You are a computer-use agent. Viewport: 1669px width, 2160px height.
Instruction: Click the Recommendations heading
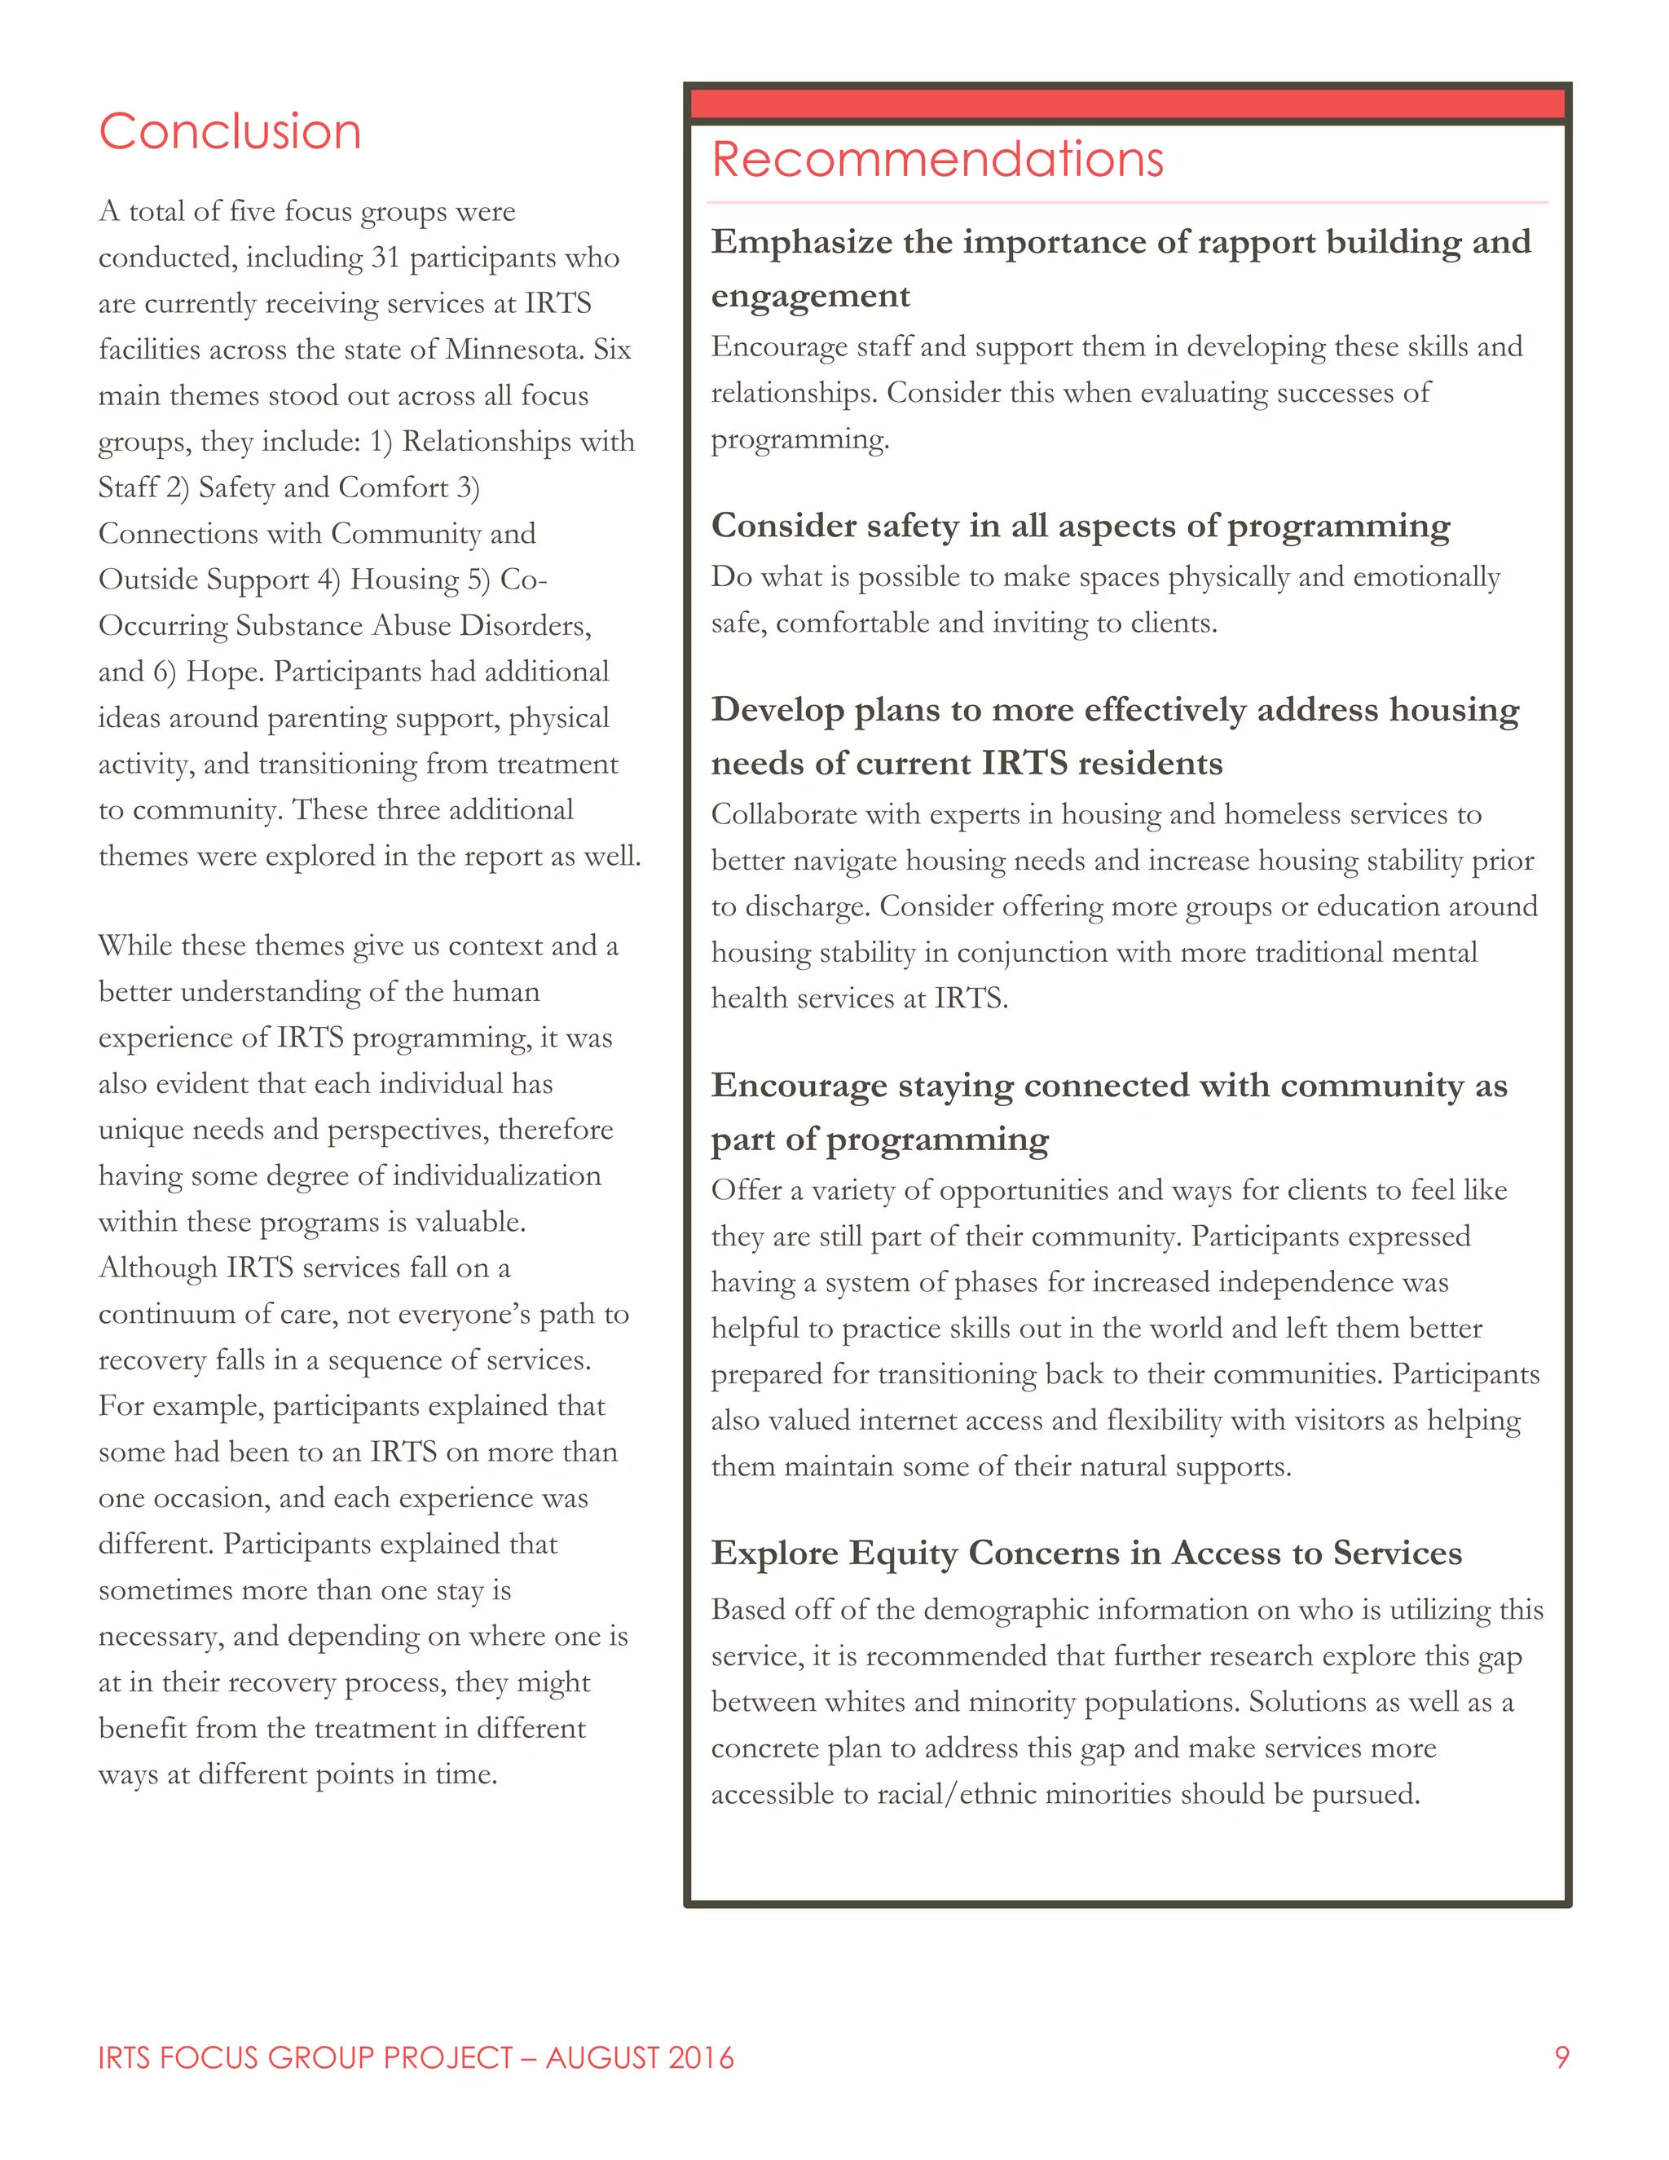click(937, 159)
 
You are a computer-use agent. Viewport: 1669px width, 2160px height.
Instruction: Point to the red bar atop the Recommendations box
click(1126, 104)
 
